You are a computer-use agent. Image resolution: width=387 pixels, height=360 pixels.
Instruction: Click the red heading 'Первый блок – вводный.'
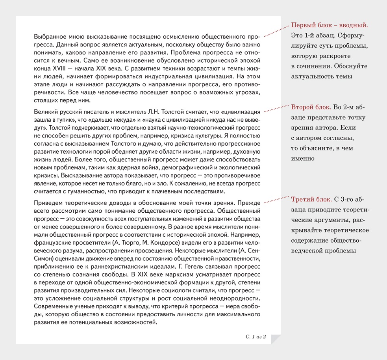click(x=329, y=25)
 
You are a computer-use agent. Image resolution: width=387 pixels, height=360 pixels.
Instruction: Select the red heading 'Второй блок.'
click(x=311, y=108)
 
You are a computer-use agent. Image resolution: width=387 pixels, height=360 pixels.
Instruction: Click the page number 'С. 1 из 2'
click(x=256, y=337)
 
